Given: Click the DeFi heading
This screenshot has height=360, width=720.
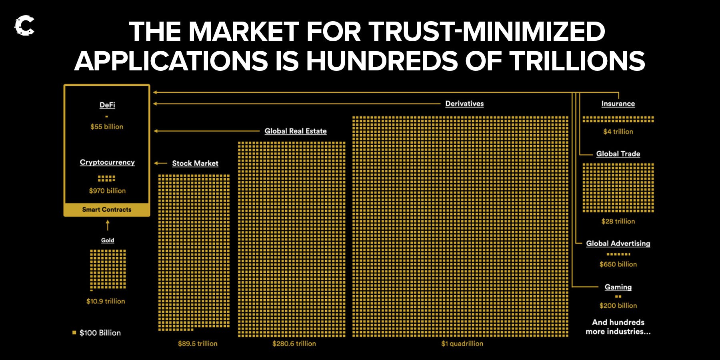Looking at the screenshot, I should (x=107, y=105).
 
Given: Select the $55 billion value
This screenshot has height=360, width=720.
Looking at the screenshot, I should (x=107, y=127).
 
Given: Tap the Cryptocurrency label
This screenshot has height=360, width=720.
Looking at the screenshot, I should (x=107, y=162).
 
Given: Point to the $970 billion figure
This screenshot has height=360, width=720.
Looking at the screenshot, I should (x=107, y=191).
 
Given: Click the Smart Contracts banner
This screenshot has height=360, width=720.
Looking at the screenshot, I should (x=107, y=210).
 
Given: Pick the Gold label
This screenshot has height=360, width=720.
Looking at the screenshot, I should (x=108, y=240).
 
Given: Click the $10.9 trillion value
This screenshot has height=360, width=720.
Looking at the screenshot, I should (x=106, y=301).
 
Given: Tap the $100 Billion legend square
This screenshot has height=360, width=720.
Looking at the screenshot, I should (x=74, y=332).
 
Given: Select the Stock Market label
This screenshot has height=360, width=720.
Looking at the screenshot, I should (x=195, y=163).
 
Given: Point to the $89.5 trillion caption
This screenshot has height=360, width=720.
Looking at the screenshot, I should (x=198, y=344).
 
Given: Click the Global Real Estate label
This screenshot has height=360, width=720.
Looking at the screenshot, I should (x=296, y=131).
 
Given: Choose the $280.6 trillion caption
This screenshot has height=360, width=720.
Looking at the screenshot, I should (x=294, y=344).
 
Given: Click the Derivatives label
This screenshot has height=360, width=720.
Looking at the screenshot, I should (x=464, y=104).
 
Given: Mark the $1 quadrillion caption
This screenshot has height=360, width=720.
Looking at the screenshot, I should (x=462, y=344).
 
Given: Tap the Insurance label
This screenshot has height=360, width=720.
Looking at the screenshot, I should (x=618, y=104).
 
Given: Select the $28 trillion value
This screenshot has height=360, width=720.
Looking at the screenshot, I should (x=618, y=221).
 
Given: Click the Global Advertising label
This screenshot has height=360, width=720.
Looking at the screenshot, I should (x=618, y=243).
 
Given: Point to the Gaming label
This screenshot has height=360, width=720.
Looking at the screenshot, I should (x=618, y=287).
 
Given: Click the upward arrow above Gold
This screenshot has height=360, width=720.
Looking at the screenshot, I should (x=108, y=226).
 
